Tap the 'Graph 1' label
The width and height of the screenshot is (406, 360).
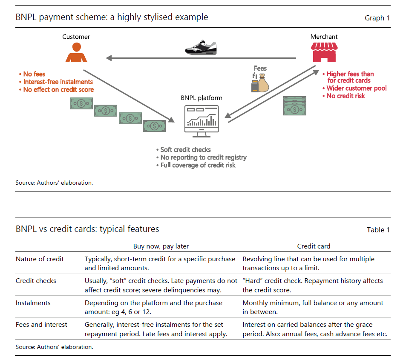(377, 18)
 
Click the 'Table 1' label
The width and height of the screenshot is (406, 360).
(378, 230)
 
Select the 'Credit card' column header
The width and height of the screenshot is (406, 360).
(314, 246)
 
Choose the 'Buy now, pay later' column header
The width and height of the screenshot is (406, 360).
(161, 246)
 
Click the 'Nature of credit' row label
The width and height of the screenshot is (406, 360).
(40, 259)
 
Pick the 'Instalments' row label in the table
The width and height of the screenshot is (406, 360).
(33, 303)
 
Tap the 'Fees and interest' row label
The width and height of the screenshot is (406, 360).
(42, 325)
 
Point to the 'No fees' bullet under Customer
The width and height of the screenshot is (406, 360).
(34, 74)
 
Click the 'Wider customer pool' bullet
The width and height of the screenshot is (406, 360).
(357, 89)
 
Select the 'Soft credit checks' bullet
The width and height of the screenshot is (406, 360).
(185, 150)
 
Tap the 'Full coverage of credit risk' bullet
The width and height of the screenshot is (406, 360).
(198, 165)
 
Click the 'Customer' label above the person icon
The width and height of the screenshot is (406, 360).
(76, 37)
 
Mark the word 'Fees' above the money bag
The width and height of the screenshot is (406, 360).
(260, 68)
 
